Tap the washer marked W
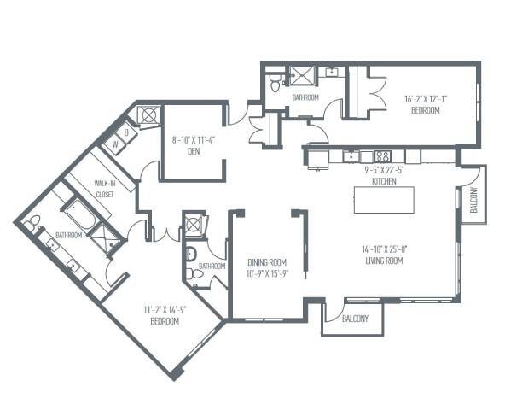(113, 146)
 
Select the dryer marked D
(126, 132)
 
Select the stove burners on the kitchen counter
(383, 156)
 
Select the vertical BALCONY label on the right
(473, 200)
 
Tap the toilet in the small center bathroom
(192, 255)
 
